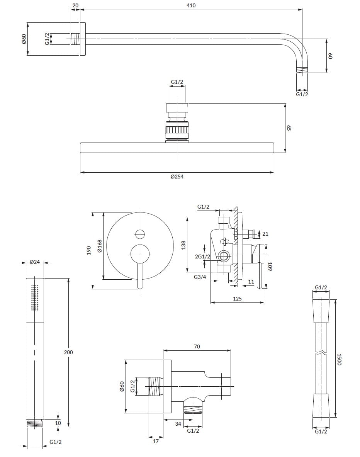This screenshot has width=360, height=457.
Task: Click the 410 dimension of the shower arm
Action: (x=191, y=5)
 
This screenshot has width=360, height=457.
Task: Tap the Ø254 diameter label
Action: (x=177, y=177)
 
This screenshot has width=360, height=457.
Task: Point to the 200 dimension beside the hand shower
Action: (x=68, y=352)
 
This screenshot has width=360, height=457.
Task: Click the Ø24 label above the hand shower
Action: (x=35, y=262)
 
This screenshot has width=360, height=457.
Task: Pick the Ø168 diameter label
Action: (x=99, y=246)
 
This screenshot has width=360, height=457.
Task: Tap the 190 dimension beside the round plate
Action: (x=88, y=250)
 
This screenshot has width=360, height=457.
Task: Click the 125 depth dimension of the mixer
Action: (x=237, y=299)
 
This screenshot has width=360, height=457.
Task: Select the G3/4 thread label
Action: (x=200, y=277)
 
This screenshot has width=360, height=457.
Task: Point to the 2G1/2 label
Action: (x=202, y=257)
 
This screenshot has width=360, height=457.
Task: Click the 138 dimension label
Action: (x=183, y=245)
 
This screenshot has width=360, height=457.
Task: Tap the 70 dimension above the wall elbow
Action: (x=197, y=347)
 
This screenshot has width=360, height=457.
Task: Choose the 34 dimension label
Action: (x=178, y=424)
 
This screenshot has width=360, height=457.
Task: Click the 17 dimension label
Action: (x=156, y=441)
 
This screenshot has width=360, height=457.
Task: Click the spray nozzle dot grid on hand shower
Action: (x=35, y=297)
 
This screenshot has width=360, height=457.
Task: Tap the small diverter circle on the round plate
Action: (x=140, y=233)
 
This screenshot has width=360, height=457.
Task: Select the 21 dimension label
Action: (x=265, y=234)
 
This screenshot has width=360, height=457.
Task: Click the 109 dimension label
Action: (x=270, y=267)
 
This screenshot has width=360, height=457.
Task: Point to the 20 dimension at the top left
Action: (x=75, y=5)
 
